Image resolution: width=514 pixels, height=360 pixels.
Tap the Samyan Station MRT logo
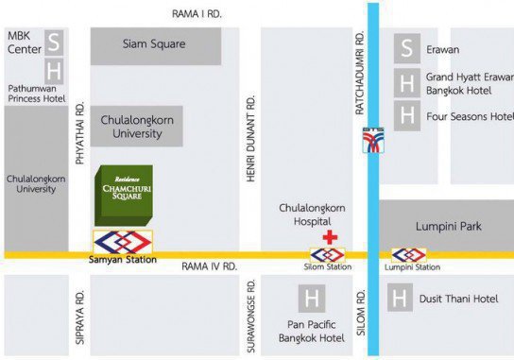point(124,243)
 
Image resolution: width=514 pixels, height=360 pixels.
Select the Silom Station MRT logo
point(328,255)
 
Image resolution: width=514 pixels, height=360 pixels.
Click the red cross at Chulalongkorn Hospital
point(329,236)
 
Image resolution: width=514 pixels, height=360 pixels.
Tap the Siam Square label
point(155,43)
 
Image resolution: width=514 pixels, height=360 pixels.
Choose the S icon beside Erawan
point(407,48)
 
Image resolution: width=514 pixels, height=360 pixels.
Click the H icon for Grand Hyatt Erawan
point(407,83)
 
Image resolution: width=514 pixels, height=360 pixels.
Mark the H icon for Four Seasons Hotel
point(407,115)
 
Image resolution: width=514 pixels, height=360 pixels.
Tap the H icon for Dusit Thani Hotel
point(401,300)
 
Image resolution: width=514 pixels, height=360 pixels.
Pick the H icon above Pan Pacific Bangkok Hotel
point(311,300)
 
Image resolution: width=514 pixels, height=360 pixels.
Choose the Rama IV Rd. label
point(209,266)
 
